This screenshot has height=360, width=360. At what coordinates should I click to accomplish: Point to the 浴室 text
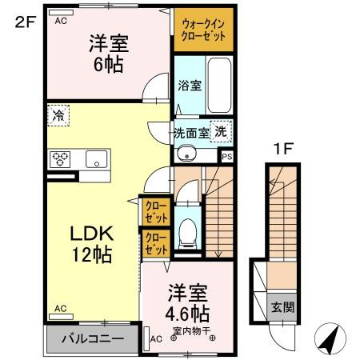pyautogui.click(x=189, y=84)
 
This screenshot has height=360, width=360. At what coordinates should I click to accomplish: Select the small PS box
pyautogui.click(x=227, y=157)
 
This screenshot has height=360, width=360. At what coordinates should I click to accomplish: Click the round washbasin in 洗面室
pyautogui.click(x=185, y=155)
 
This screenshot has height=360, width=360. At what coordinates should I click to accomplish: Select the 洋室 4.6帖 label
pyautogui.click(x=188, y=302)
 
